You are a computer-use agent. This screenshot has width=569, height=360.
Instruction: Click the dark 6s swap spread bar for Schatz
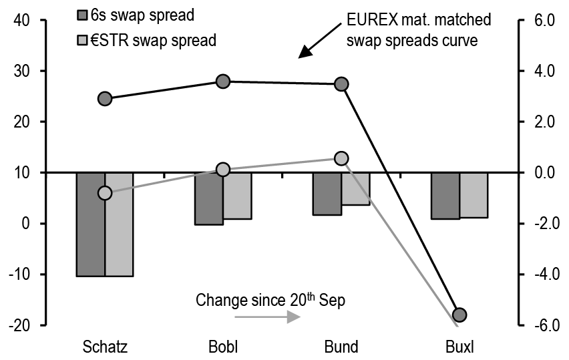point(90,224)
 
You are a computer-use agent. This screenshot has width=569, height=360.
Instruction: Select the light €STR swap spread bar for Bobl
point(237,195)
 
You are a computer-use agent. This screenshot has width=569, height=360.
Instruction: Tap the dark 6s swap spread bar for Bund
point(327,194)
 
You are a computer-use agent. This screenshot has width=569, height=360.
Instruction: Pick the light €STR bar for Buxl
point(473,195)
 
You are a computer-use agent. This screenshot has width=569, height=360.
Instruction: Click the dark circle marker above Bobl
point(223,81)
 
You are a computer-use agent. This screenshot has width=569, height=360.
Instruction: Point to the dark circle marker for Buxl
point(459,315)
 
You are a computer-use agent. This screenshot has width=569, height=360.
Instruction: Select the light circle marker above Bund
point(341,158)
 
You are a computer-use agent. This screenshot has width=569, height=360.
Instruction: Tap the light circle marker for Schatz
point(105,193)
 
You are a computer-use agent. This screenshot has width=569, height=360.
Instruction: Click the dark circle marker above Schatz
point(105,99)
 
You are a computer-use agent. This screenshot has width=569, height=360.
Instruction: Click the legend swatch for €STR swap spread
point(83,40)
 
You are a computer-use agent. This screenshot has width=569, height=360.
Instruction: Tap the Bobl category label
point(223,347)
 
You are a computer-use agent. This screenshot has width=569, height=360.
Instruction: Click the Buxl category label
point(459,347)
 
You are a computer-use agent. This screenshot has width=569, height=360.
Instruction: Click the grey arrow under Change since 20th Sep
point(268,318)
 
